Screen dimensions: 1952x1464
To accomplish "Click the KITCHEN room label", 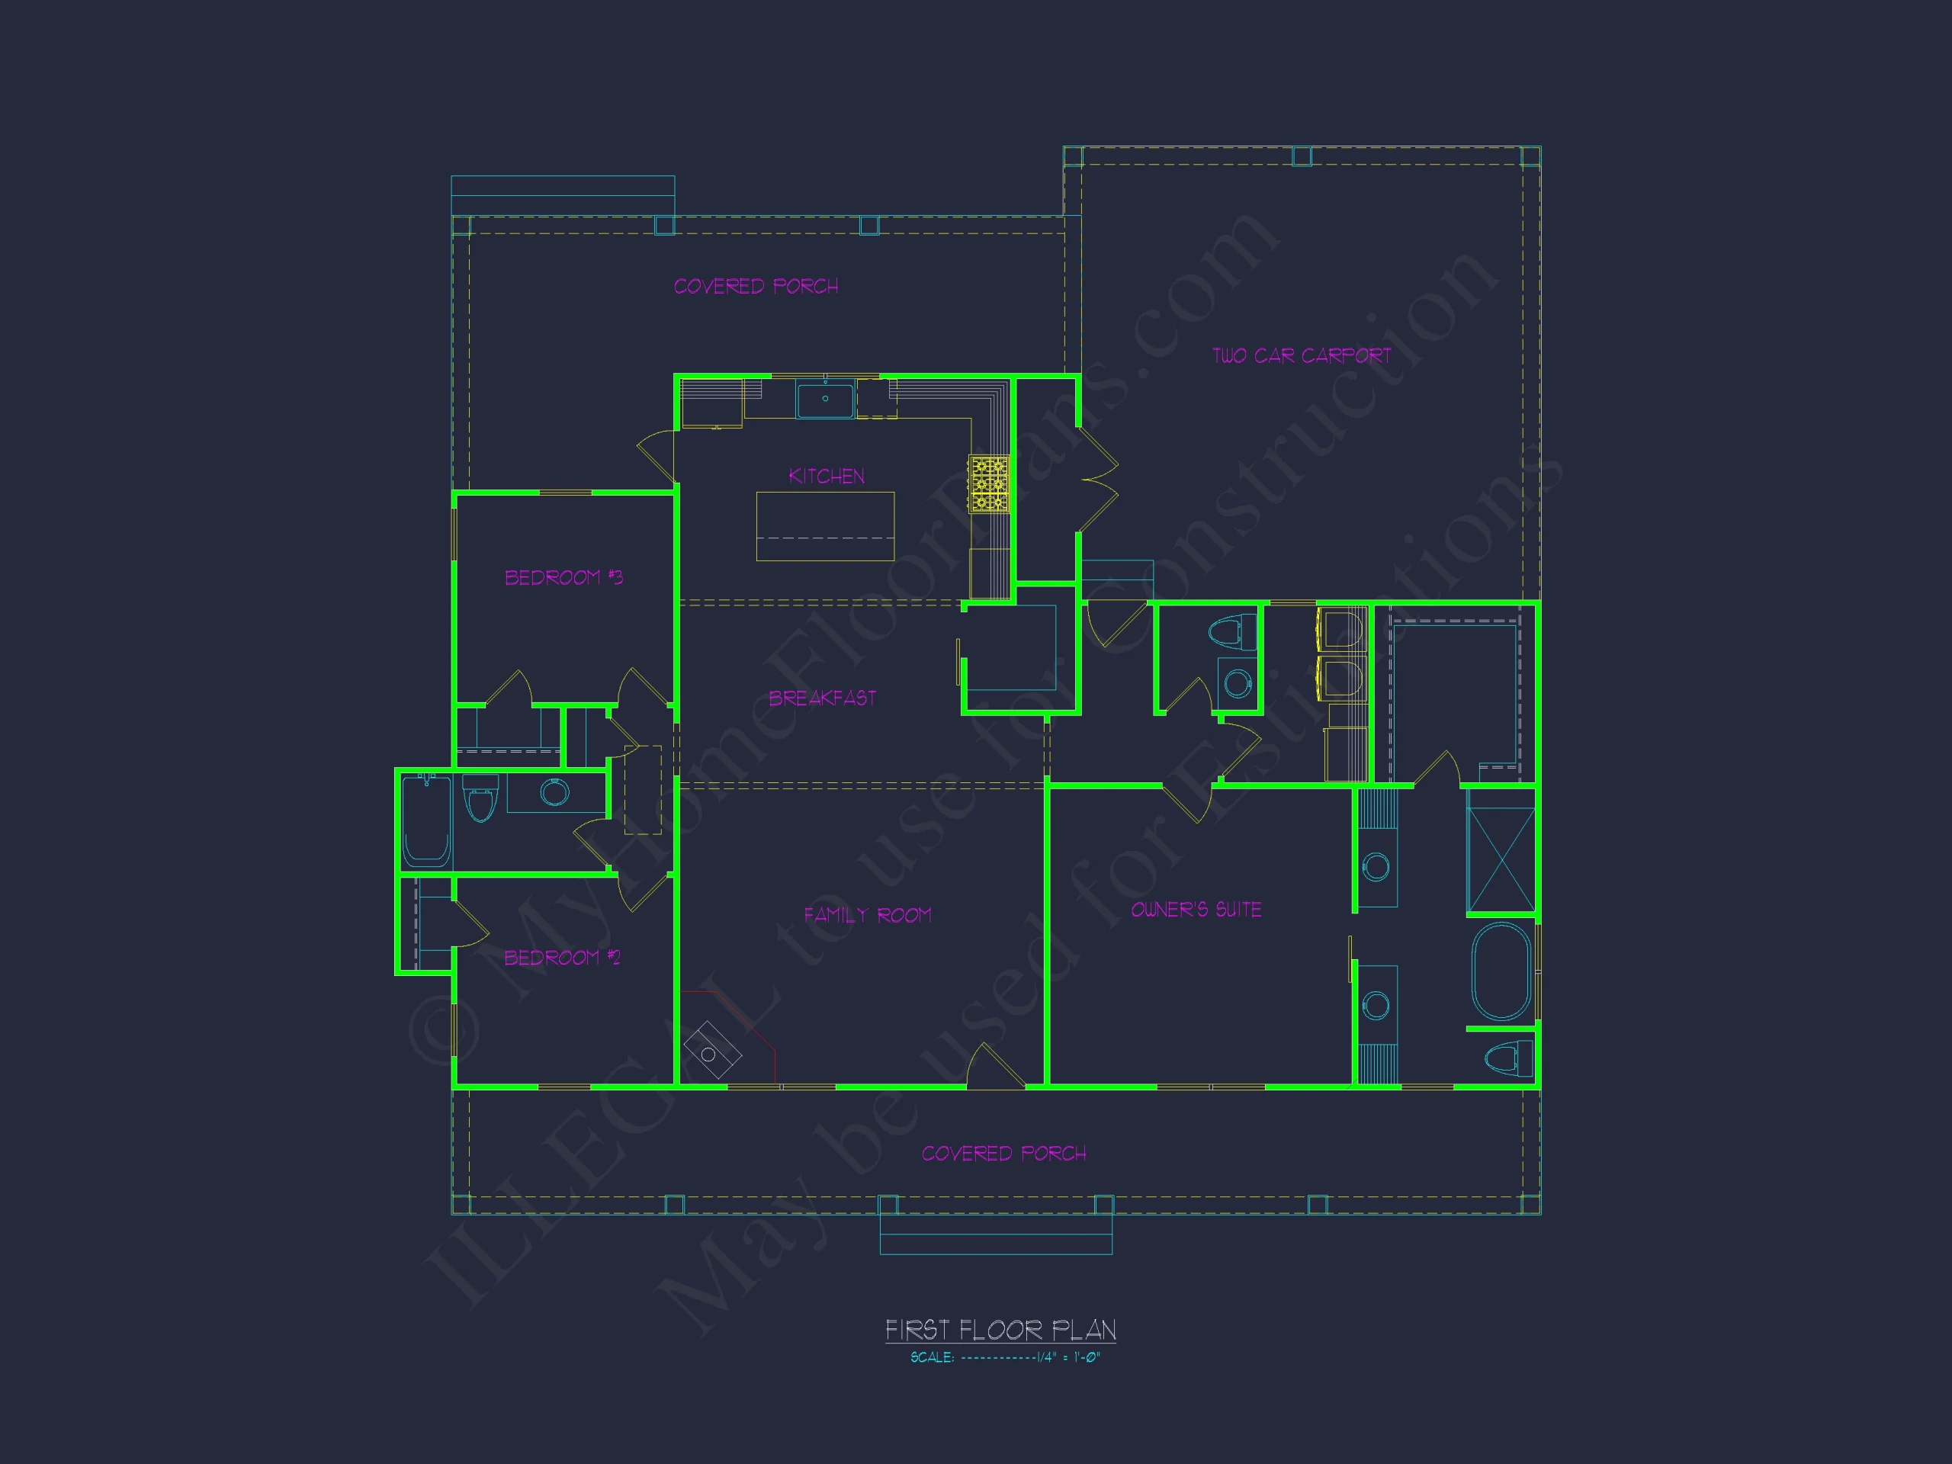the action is (x=826, y=477).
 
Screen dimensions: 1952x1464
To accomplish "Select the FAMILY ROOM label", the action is (x=868, y=915).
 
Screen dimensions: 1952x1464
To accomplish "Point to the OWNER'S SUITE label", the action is (x=1196, y=910).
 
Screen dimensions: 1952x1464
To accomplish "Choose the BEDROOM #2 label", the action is (x=562, y=958).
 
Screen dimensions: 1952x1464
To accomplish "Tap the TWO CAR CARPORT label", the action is (x=1302, y=355).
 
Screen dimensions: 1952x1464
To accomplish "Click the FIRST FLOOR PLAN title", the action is (x=1000, y=1329).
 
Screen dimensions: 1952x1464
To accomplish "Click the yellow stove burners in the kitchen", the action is (x=988, y=483).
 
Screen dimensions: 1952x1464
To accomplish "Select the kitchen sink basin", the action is (x=825, y=399).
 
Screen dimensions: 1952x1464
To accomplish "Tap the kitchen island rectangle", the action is (x=825, y=526).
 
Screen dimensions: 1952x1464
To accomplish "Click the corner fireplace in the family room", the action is (x=711, y=1049).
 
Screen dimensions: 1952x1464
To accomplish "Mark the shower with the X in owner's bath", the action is (x=1500, y=852).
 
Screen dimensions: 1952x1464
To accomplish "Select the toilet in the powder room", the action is (x=1232, y=632).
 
